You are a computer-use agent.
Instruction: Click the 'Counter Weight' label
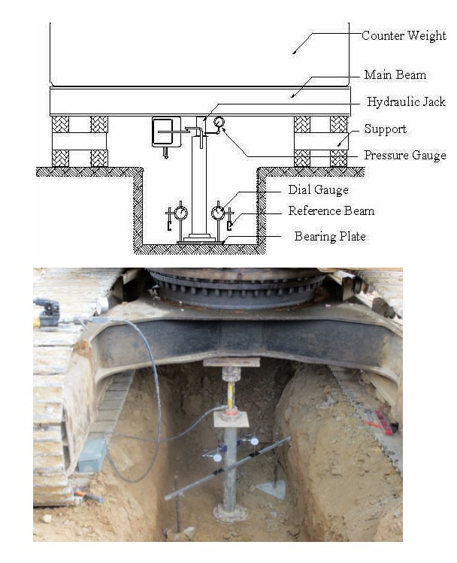(404, 35)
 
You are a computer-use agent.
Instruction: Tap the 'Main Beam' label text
(395, 74)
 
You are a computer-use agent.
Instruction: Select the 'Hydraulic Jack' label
(406, 102)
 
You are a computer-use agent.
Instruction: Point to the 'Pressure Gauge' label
(405, 155)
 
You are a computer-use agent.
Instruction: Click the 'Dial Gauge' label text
(318, 190)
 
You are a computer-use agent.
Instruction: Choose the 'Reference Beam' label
(331, 210)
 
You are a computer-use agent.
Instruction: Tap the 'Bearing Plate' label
(330, 236)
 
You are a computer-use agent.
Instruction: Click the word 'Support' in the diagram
(385, 129)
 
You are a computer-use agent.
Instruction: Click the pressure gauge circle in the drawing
(219, 122)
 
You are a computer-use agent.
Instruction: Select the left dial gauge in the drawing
(180, 213)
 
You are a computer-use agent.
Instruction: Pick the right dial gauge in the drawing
(218, 213)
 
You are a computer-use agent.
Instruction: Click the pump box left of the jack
(166, 132)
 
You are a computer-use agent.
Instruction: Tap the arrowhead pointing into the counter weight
(295, 52)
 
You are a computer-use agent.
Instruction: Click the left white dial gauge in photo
(217, 458)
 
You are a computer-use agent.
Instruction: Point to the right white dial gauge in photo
(255, 441)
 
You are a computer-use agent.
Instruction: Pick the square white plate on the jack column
(232, 419)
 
